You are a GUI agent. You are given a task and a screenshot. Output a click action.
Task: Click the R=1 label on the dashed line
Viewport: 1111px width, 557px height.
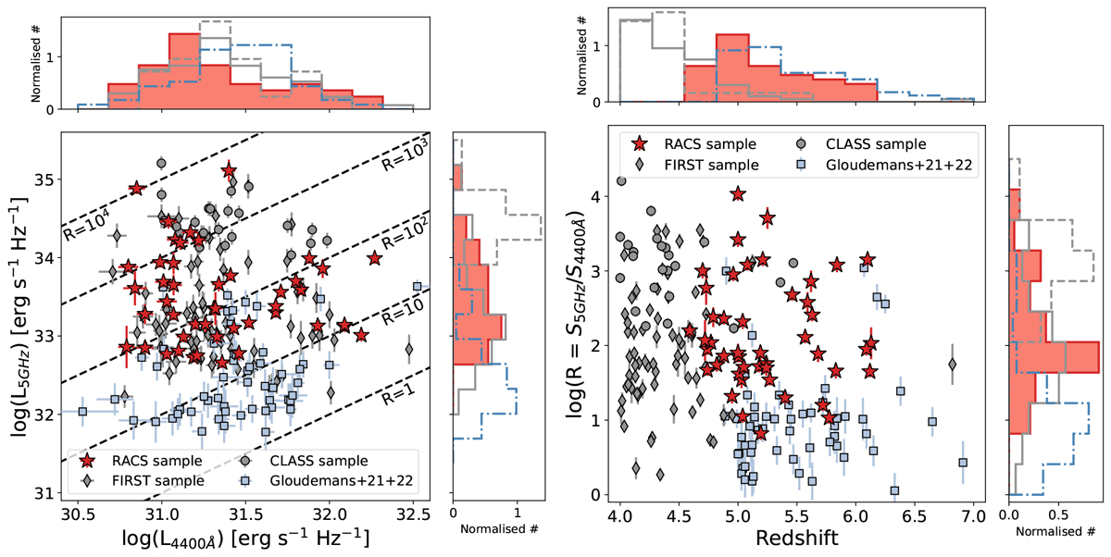(400, 390)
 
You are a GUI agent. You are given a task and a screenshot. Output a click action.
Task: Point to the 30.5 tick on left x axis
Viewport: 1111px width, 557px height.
(77, 512)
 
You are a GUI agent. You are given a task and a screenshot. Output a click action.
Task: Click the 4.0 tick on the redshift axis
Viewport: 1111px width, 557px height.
(620, 512)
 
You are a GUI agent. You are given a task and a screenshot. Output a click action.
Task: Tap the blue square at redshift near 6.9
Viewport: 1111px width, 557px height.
(963, 463)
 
